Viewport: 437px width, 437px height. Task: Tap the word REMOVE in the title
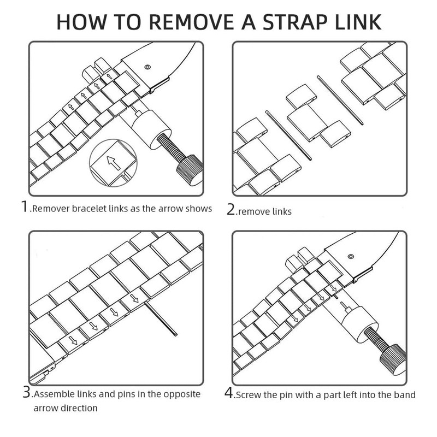(192, 22)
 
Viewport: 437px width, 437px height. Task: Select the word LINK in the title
(358, 22)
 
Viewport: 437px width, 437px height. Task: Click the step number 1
(25, 206)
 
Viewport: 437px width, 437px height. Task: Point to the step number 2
(231, 209)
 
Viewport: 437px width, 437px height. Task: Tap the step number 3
(27, 392)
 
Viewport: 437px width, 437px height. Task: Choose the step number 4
(229, 393)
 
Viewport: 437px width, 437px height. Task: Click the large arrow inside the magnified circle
(114, 163)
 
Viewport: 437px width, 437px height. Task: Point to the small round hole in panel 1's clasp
(147, 67)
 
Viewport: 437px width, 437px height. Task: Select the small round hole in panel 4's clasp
(351, 256)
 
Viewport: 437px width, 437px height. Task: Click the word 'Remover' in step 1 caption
(51, 209)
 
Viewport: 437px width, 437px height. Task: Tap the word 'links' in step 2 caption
(282, 211)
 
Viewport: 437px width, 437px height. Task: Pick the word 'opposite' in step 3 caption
(182, 394)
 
